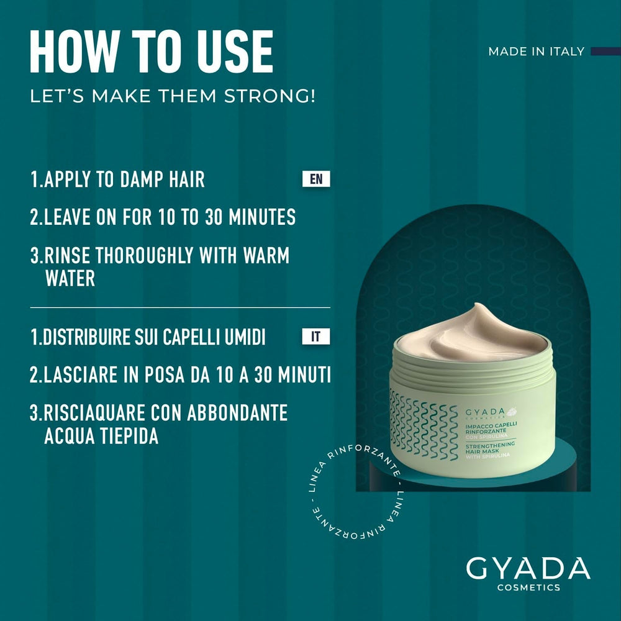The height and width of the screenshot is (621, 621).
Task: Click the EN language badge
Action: click(316, 179)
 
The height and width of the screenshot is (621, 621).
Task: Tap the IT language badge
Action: click(316, 337)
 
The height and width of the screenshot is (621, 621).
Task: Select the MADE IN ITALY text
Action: click(536, 52)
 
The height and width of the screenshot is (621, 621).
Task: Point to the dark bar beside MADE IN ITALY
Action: click(605, 52)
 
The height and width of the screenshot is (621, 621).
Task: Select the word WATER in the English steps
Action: click(70, 278)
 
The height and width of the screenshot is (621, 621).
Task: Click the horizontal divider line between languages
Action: click(180, 307)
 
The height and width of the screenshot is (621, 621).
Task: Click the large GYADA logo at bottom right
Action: click(528, 569)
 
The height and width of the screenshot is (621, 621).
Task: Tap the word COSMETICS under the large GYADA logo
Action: click(528, 588)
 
